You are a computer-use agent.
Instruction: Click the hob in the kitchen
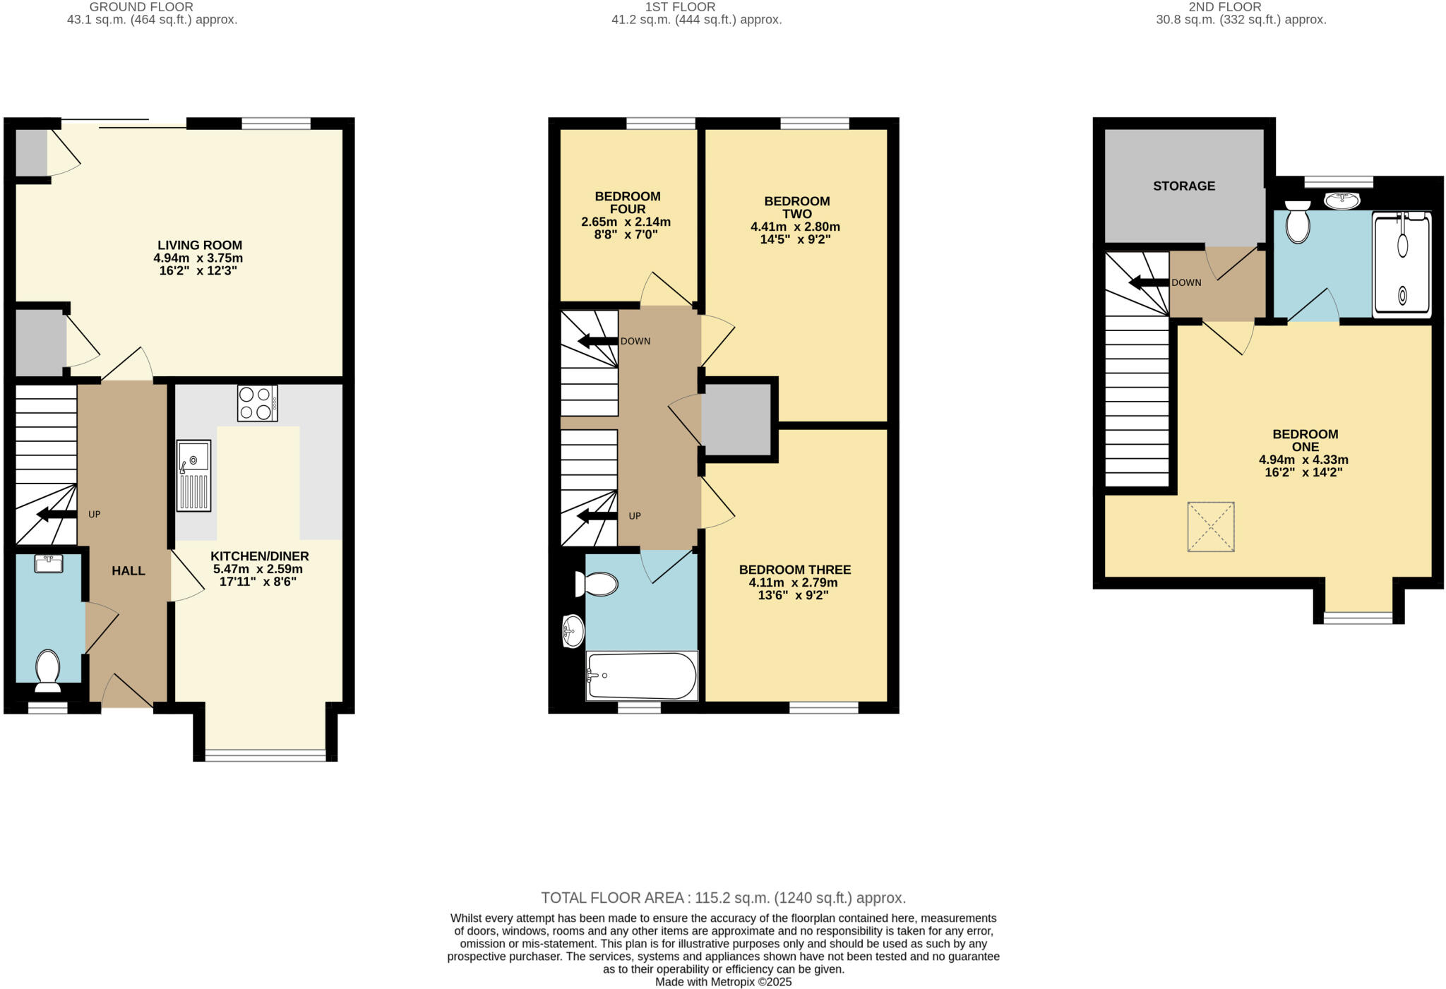(x=257, y=403)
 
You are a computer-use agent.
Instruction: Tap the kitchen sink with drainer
(x=193, y=475)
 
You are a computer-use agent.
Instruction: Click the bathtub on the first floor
(x=642, y=676)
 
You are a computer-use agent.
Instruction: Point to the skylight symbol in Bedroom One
(x=1211, y=527)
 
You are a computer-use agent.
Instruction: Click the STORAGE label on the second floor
(x=1184, y=186)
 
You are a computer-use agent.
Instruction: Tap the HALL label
(x=129, y=571)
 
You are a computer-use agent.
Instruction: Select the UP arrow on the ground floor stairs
(x=56, y=515)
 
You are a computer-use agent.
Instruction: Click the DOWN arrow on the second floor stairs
(x=1149, y=283)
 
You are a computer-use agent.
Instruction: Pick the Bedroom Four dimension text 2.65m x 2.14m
(x=626, y=222)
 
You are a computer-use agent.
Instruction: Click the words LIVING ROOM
(x=200, y=246)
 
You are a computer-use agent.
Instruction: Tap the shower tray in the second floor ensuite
(x=1402, y=264)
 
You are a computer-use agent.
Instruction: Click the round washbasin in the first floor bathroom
(x=573, y=630)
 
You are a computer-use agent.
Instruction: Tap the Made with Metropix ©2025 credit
(x=723, y=982)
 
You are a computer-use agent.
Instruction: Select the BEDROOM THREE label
(x=795, y=570)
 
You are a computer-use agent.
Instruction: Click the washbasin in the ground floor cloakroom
(x=48, y=563)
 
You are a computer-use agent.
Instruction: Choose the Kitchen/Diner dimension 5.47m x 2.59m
(x=258, y=569)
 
